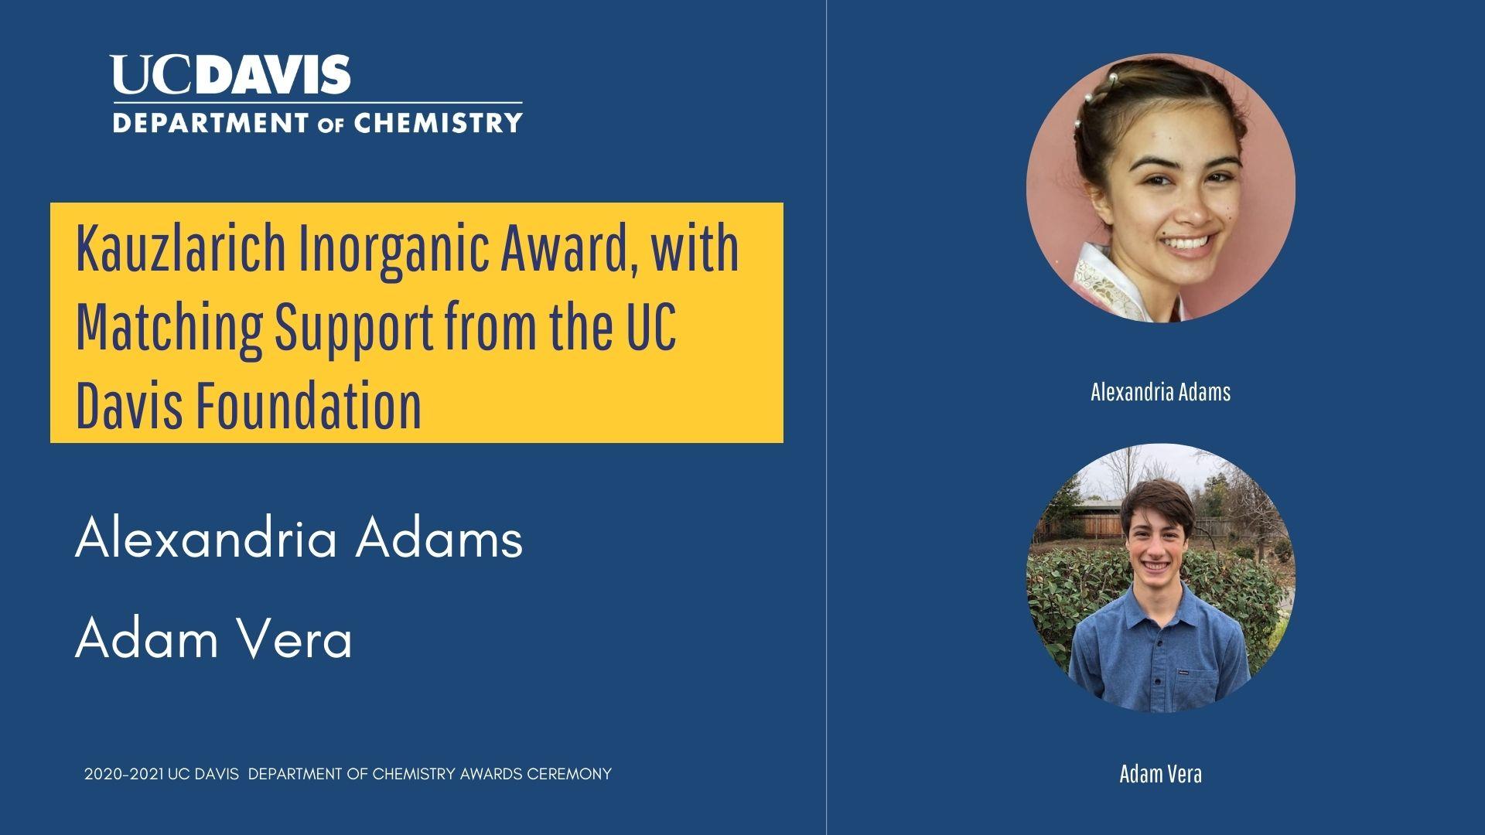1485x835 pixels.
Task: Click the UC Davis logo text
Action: (x=231, y=74)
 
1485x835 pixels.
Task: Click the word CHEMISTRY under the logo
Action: (x=438, y=122)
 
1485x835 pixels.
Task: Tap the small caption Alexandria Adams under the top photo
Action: (x=1160, y=392)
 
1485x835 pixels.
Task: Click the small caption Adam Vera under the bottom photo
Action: (x=1160, y=774)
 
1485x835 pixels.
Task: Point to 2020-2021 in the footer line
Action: (x=124, y=774)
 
